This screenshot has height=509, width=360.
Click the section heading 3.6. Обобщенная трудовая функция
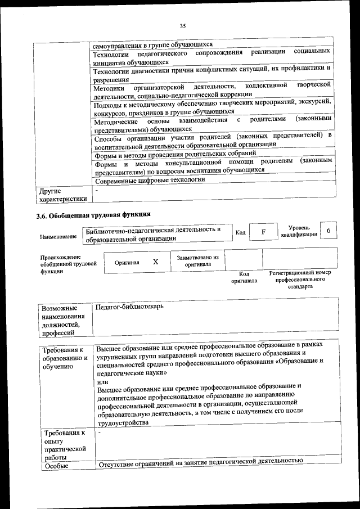[93, 215]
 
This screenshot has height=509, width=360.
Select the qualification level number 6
[328, 231]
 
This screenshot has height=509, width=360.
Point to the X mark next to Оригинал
[156, 262]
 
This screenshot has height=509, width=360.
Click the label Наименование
[58, 237]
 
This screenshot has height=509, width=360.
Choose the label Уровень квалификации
[299, 231]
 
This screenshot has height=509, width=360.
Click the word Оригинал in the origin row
[127, 263]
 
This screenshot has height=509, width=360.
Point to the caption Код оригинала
[244, 277]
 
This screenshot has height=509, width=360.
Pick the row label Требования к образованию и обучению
[65, 358]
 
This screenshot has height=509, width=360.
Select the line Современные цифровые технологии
[150, 180]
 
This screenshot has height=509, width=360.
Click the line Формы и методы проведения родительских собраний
[175, 153]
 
